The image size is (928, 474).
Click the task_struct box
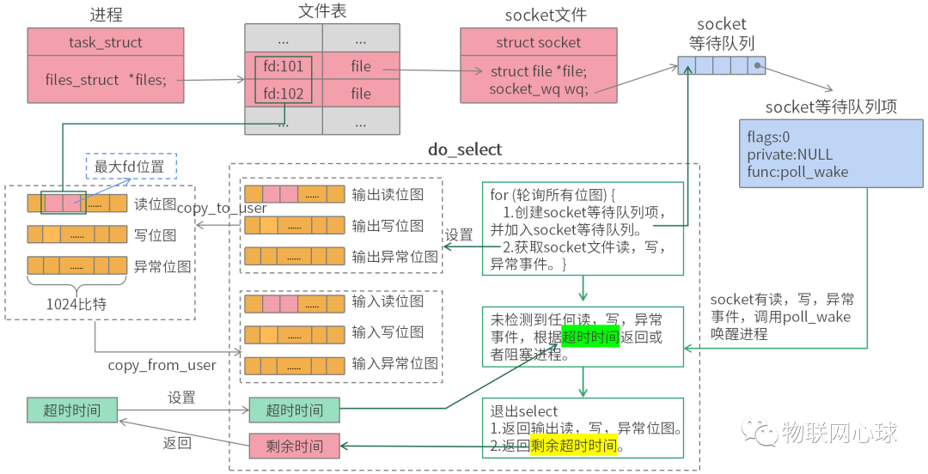click(106, 42)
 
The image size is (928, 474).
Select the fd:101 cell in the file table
click(283, 66)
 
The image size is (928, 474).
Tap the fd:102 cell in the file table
click(283, 94)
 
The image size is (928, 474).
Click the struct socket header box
click(538, 42)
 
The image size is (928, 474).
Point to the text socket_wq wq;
click(539, 88)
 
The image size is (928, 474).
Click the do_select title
click(465, 149)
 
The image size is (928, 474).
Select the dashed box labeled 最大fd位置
click(131, 167)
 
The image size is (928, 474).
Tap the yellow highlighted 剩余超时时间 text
click(573, 446)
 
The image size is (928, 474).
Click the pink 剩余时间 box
click(294, 446)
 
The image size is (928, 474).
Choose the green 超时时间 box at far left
click(72, 410)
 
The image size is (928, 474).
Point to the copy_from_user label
click(162, 366)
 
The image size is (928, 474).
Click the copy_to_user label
click(222, 208)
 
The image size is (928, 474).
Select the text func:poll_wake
click(798, 172)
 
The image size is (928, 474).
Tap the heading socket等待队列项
click(831, 106)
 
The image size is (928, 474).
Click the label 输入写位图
click(388, 332)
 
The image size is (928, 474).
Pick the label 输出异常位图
click(395, 256)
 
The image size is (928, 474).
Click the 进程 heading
click(106, 14)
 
